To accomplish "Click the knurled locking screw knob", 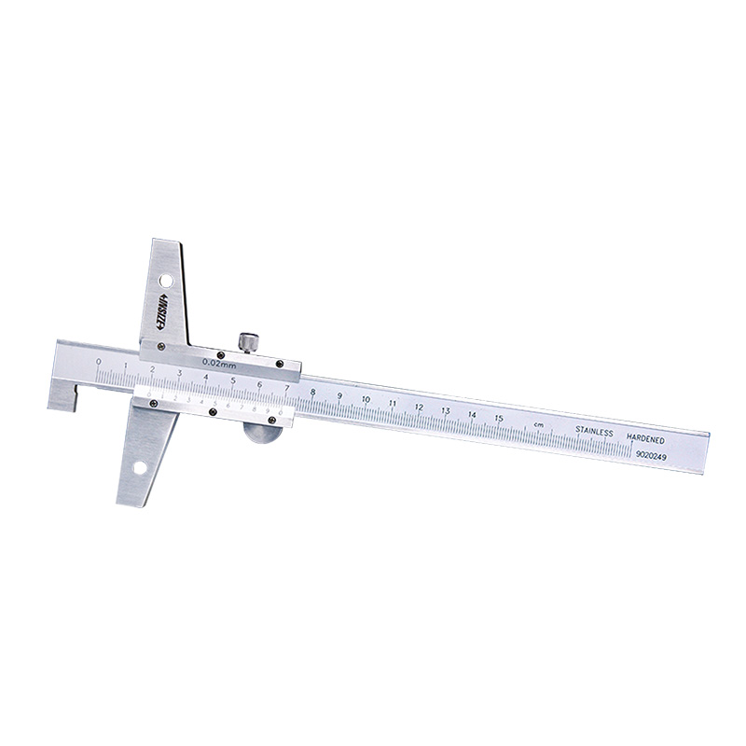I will click(x=248, y=341).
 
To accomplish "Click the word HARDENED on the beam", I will click(x=645, y=437).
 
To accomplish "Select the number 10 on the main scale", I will click(x=366, y=400).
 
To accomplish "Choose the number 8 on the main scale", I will click(x=312, y=393).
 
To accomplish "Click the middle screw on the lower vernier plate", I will click(x=214, y=411).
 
